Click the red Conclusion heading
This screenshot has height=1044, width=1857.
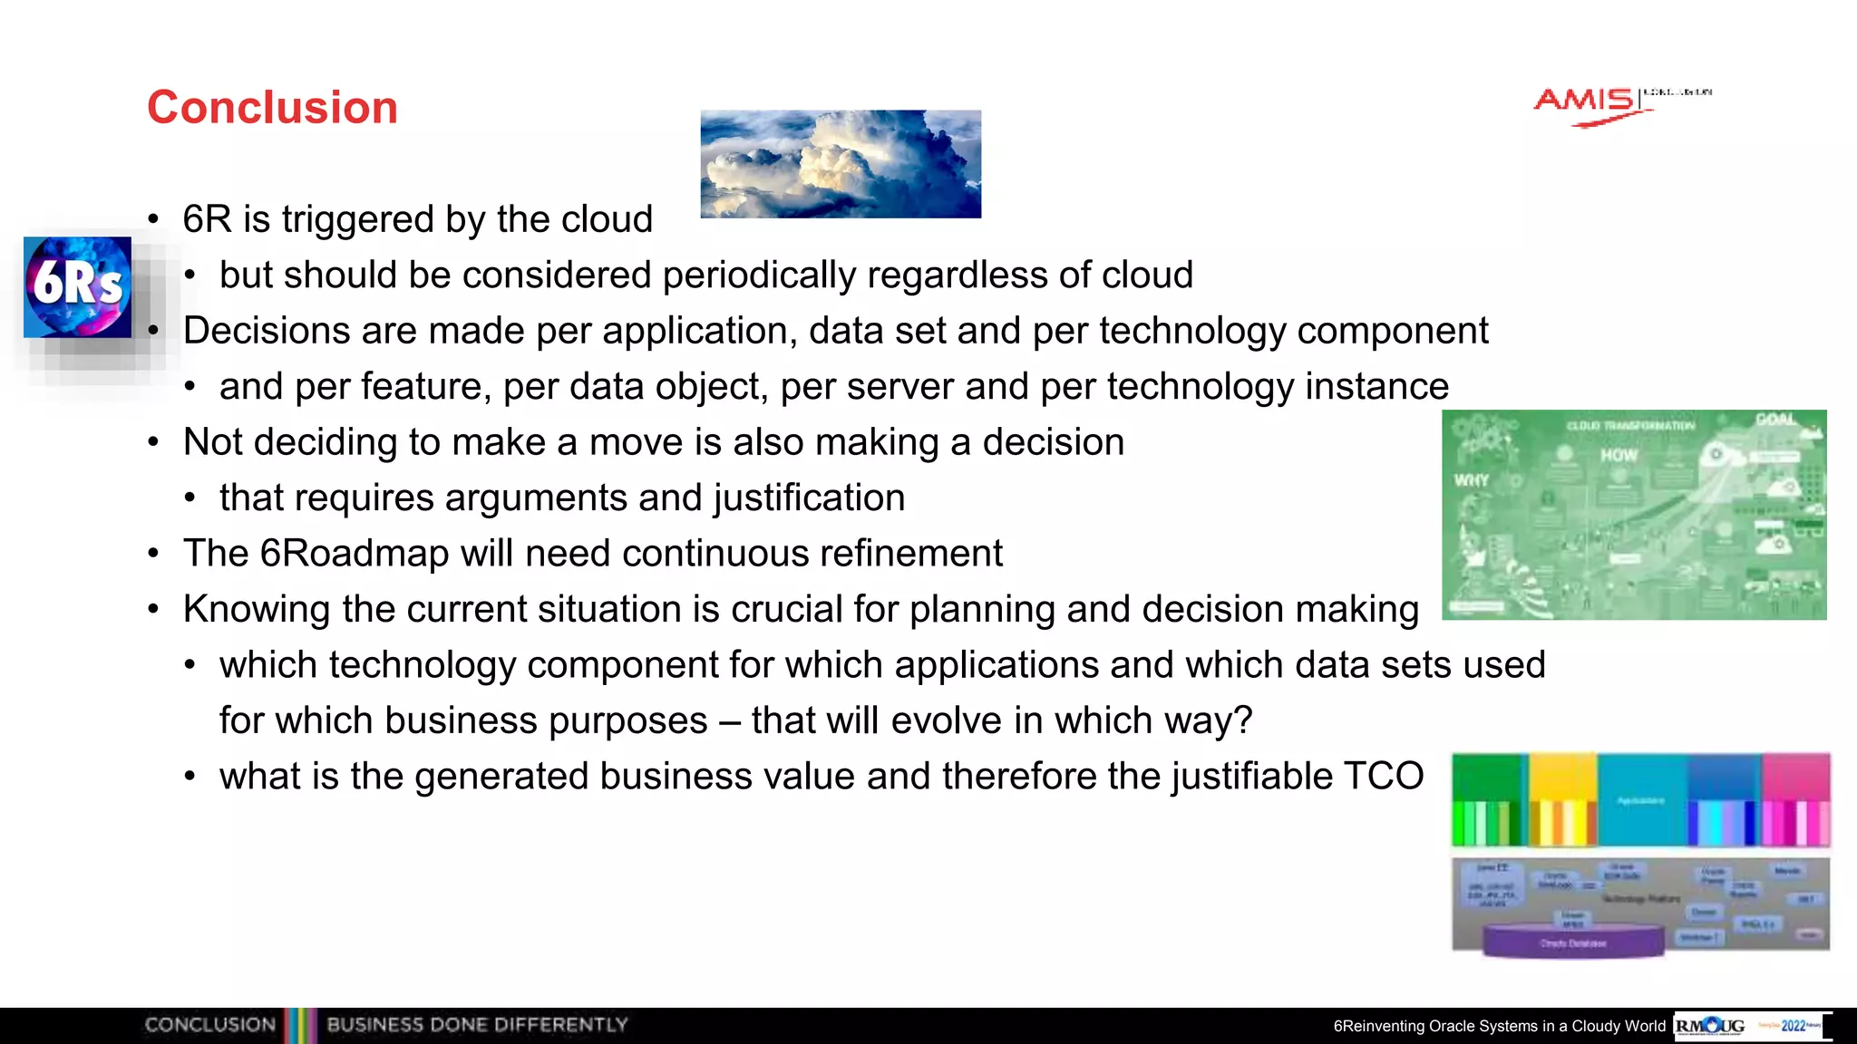272,108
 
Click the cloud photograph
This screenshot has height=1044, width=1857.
841,164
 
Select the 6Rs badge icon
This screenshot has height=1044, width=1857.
77,286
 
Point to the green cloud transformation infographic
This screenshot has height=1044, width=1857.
1634,515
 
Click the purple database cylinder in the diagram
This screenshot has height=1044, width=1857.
1573,942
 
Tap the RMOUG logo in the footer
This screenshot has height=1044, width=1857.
1710,1026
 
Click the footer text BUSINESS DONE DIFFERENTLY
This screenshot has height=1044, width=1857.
477,1025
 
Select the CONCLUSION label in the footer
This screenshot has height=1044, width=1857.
209,1025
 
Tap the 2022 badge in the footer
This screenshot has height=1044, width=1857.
1793,1026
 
